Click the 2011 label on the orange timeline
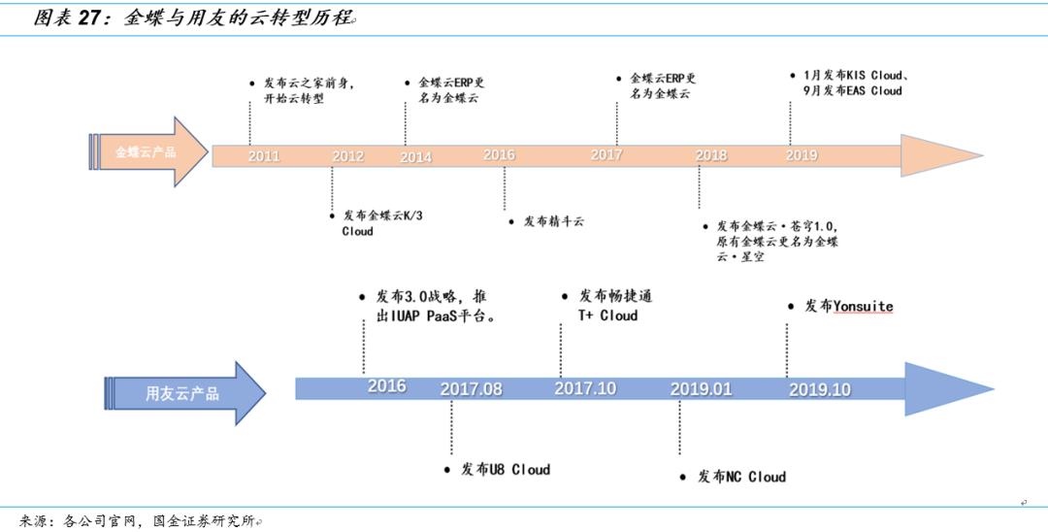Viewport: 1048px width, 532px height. coord(263,156)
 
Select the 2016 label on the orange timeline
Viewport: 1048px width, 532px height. coord(499,155)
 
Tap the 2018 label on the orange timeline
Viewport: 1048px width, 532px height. coord(710,155)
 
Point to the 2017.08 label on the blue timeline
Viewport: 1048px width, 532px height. coord(471,389)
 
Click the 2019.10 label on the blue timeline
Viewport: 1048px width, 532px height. coord(819,390)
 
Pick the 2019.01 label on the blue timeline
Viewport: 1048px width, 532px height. coord(701,389)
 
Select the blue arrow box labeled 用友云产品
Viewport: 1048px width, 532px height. coord(182,393)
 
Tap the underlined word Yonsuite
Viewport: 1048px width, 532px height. coord(863,306)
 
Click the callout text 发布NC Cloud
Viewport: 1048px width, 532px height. coord(741,477)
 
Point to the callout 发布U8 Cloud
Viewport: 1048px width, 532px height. coord(505,470)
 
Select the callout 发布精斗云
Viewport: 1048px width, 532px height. coord(553,221)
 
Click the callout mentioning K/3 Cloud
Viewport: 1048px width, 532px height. coord(381,223)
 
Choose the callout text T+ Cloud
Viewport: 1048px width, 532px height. coord(608,316)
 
